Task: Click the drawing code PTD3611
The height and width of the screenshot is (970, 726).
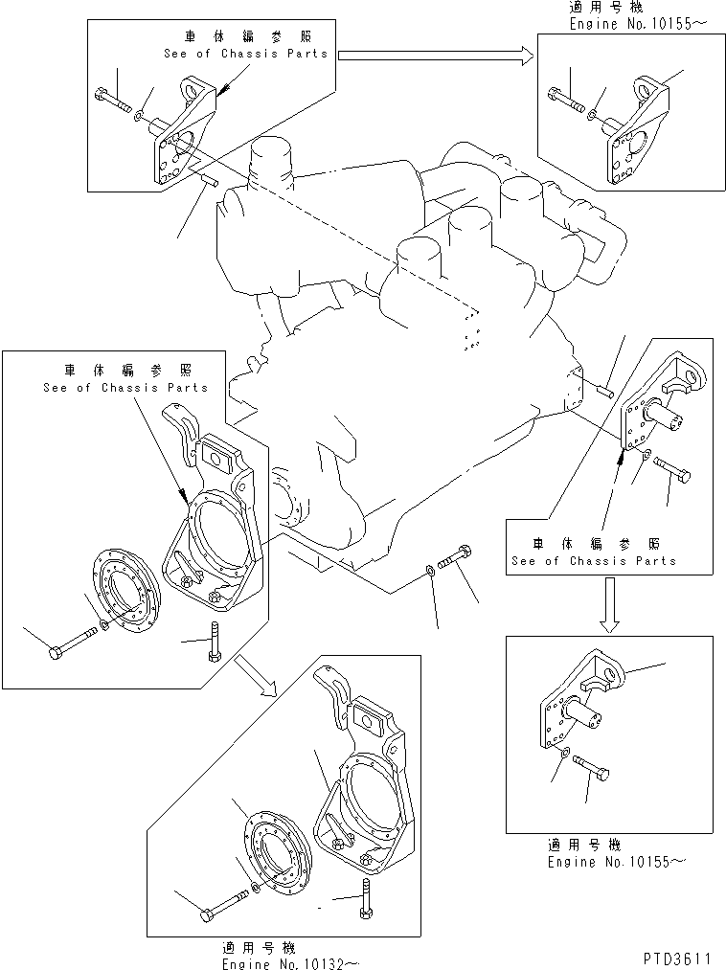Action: coord(677,956)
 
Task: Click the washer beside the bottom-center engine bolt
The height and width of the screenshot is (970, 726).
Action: coord(428,572)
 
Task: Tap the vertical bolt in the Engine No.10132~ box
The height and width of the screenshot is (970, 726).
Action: coord(366,898)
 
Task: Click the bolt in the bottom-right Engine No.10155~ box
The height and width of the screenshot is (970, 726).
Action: coord(593,766)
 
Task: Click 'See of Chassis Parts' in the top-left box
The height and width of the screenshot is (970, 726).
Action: coord(245,54)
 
